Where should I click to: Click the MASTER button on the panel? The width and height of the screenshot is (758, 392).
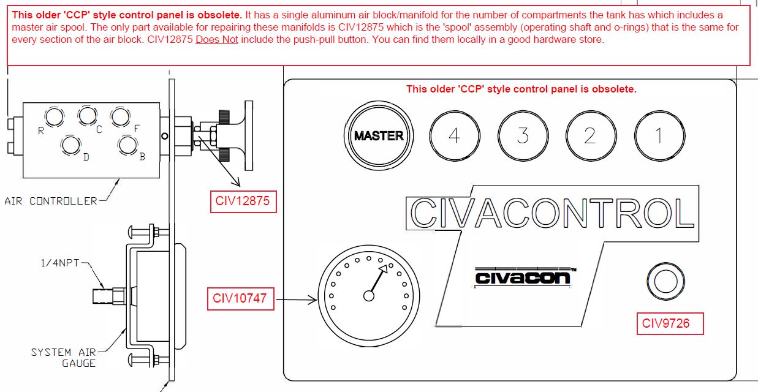coord(378,135)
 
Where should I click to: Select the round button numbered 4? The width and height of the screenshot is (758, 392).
coord(454,135)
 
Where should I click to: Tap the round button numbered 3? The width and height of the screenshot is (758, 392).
coord(522,135)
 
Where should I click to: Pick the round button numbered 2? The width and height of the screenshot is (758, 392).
coord(590,135)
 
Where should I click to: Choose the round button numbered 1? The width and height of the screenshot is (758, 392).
coord(659,135)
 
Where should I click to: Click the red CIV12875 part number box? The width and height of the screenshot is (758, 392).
coord(243,201)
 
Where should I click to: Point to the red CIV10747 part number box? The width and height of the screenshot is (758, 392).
coord(240,299)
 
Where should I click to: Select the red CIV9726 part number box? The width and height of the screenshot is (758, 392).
coord(669,323)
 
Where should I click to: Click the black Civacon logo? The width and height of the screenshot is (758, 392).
coord(523,277)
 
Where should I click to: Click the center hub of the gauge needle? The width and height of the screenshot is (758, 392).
coord(369,296)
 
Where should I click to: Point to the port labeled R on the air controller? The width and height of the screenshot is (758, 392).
coord(53,116)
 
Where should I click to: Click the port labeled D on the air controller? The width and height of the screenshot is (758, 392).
coord(71,145)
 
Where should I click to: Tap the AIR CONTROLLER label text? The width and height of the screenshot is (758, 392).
coord(51,201)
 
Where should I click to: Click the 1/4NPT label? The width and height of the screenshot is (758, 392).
coord(59,263)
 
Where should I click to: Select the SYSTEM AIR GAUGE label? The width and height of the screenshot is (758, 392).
coord(64,358)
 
